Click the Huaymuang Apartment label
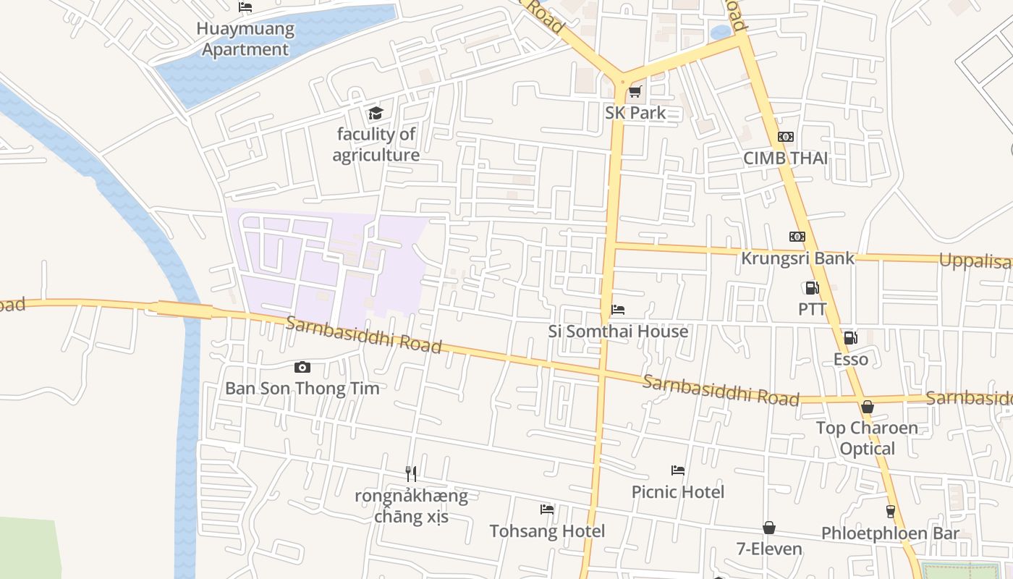coord(246,40)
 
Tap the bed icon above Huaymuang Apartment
coord(245,7)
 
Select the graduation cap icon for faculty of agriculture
coord(375,113)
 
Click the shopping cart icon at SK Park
coord(635,91)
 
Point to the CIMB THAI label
coord(785,159)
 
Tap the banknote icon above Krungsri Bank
coord(797,237)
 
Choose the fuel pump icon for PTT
coord(812,288)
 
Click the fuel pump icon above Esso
coord(850,337)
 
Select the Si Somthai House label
coord(618,331)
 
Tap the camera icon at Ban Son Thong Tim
coord(302,368)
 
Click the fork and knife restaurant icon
coord(411,474)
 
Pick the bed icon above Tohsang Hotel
coord(547,510)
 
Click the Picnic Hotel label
coord(677,492)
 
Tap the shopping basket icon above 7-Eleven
coord(768,528)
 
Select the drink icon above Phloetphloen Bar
coord(890,512)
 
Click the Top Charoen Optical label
coord(867,438)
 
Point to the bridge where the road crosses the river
coord(185,310)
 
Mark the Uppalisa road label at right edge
coord(975,261)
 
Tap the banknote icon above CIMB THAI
coord(785,137)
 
